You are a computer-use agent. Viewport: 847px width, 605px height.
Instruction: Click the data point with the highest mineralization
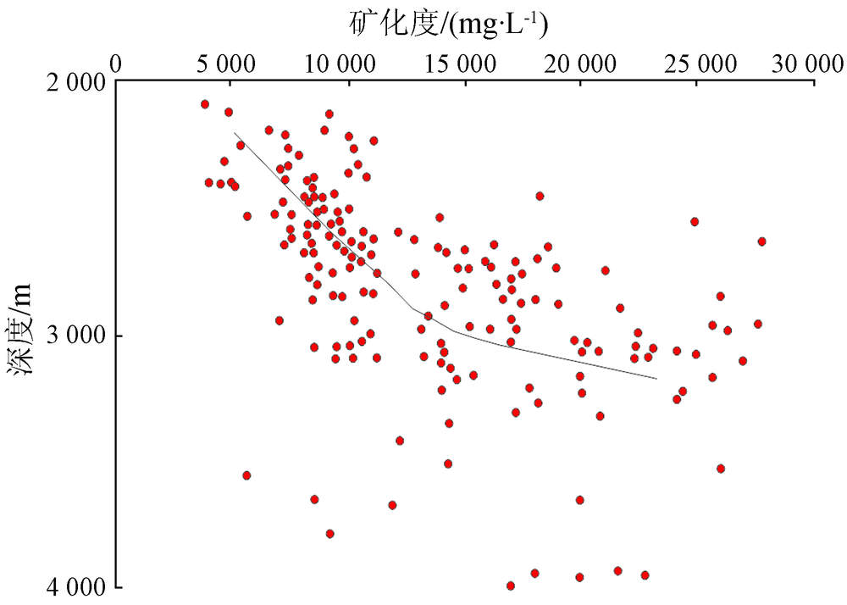point(761,241)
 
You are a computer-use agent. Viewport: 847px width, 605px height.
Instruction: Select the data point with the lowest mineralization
point(205,104)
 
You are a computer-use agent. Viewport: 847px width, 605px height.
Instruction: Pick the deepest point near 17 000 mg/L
point(511,586)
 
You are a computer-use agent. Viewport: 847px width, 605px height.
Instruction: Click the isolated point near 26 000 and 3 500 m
point(721,469)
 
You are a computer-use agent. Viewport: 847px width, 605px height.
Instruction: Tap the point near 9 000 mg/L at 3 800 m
point(330,534)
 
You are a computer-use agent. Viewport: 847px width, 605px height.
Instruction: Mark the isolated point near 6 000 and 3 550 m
point(246,475)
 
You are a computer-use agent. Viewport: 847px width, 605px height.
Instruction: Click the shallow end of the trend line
point(235,134)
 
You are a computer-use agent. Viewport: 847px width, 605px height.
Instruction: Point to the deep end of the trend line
point(656,378)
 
